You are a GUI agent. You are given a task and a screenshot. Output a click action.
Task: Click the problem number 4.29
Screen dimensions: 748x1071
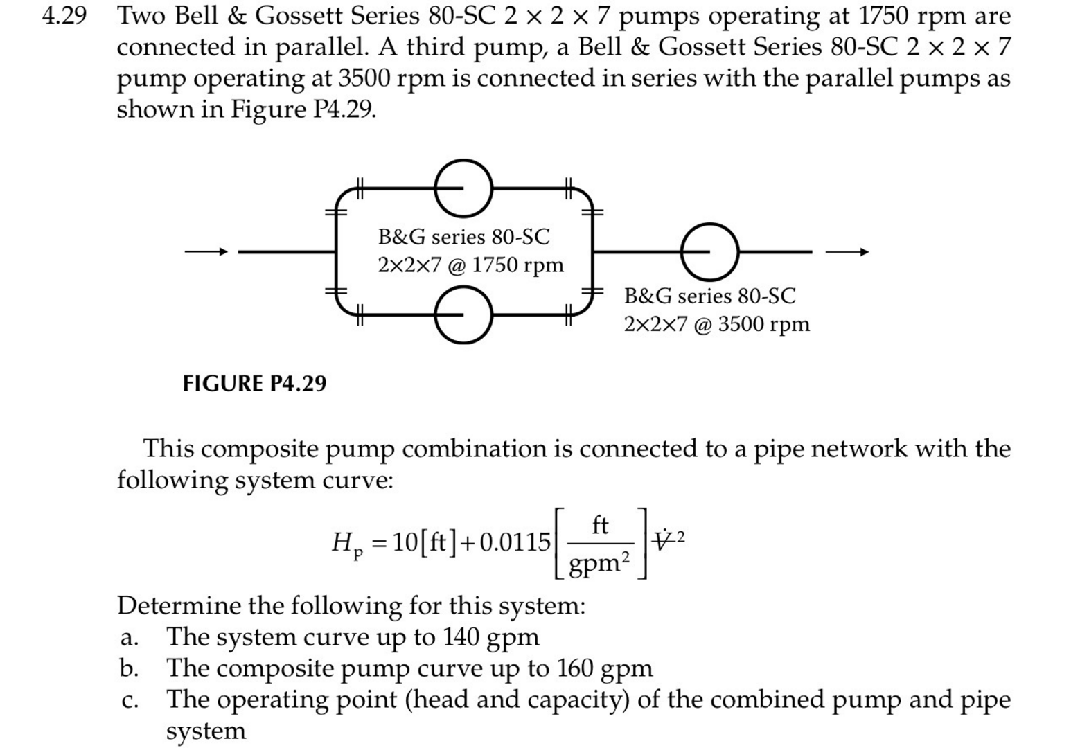tap(64, 16)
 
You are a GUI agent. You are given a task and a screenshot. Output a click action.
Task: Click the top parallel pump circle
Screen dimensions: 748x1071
tap(463, 188)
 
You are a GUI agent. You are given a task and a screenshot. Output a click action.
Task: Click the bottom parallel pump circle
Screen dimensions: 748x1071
tap(463, 314)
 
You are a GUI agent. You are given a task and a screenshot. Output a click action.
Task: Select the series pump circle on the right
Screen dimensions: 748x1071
tap(709, 251)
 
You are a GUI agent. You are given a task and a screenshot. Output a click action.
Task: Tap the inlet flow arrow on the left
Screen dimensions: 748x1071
tap(206, 251)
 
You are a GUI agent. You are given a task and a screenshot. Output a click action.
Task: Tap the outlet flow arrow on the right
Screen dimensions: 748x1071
tap(847, 251)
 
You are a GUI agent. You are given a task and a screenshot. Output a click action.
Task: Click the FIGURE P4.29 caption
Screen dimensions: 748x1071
tap(254, 383)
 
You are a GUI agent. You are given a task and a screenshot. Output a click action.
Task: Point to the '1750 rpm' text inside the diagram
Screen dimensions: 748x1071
tap(518, 265)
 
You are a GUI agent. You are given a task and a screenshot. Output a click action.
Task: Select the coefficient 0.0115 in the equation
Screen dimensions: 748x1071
tap(515, 542)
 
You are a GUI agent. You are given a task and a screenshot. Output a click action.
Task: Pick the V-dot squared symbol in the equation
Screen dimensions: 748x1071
tap(668, 540)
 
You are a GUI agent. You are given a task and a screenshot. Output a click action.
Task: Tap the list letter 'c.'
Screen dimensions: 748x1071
tap(129, 700)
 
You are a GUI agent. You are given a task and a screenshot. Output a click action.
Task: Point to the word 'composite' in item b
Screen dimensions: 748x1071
tap(281, 668)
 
